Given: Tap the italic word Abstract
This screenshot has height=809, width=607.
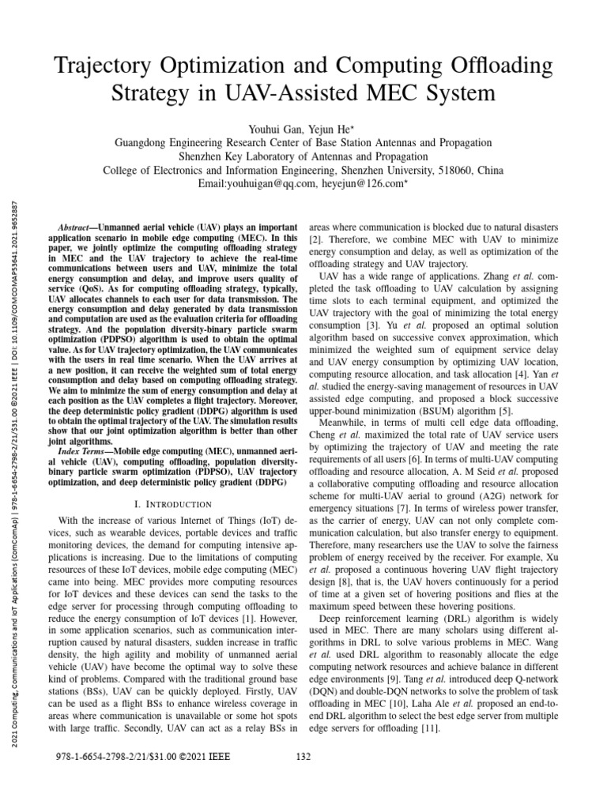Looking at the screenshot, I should click(x=82, y=226).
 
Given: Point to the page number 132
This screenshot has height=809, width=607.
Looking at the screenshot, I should click(x=303, y=756).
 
